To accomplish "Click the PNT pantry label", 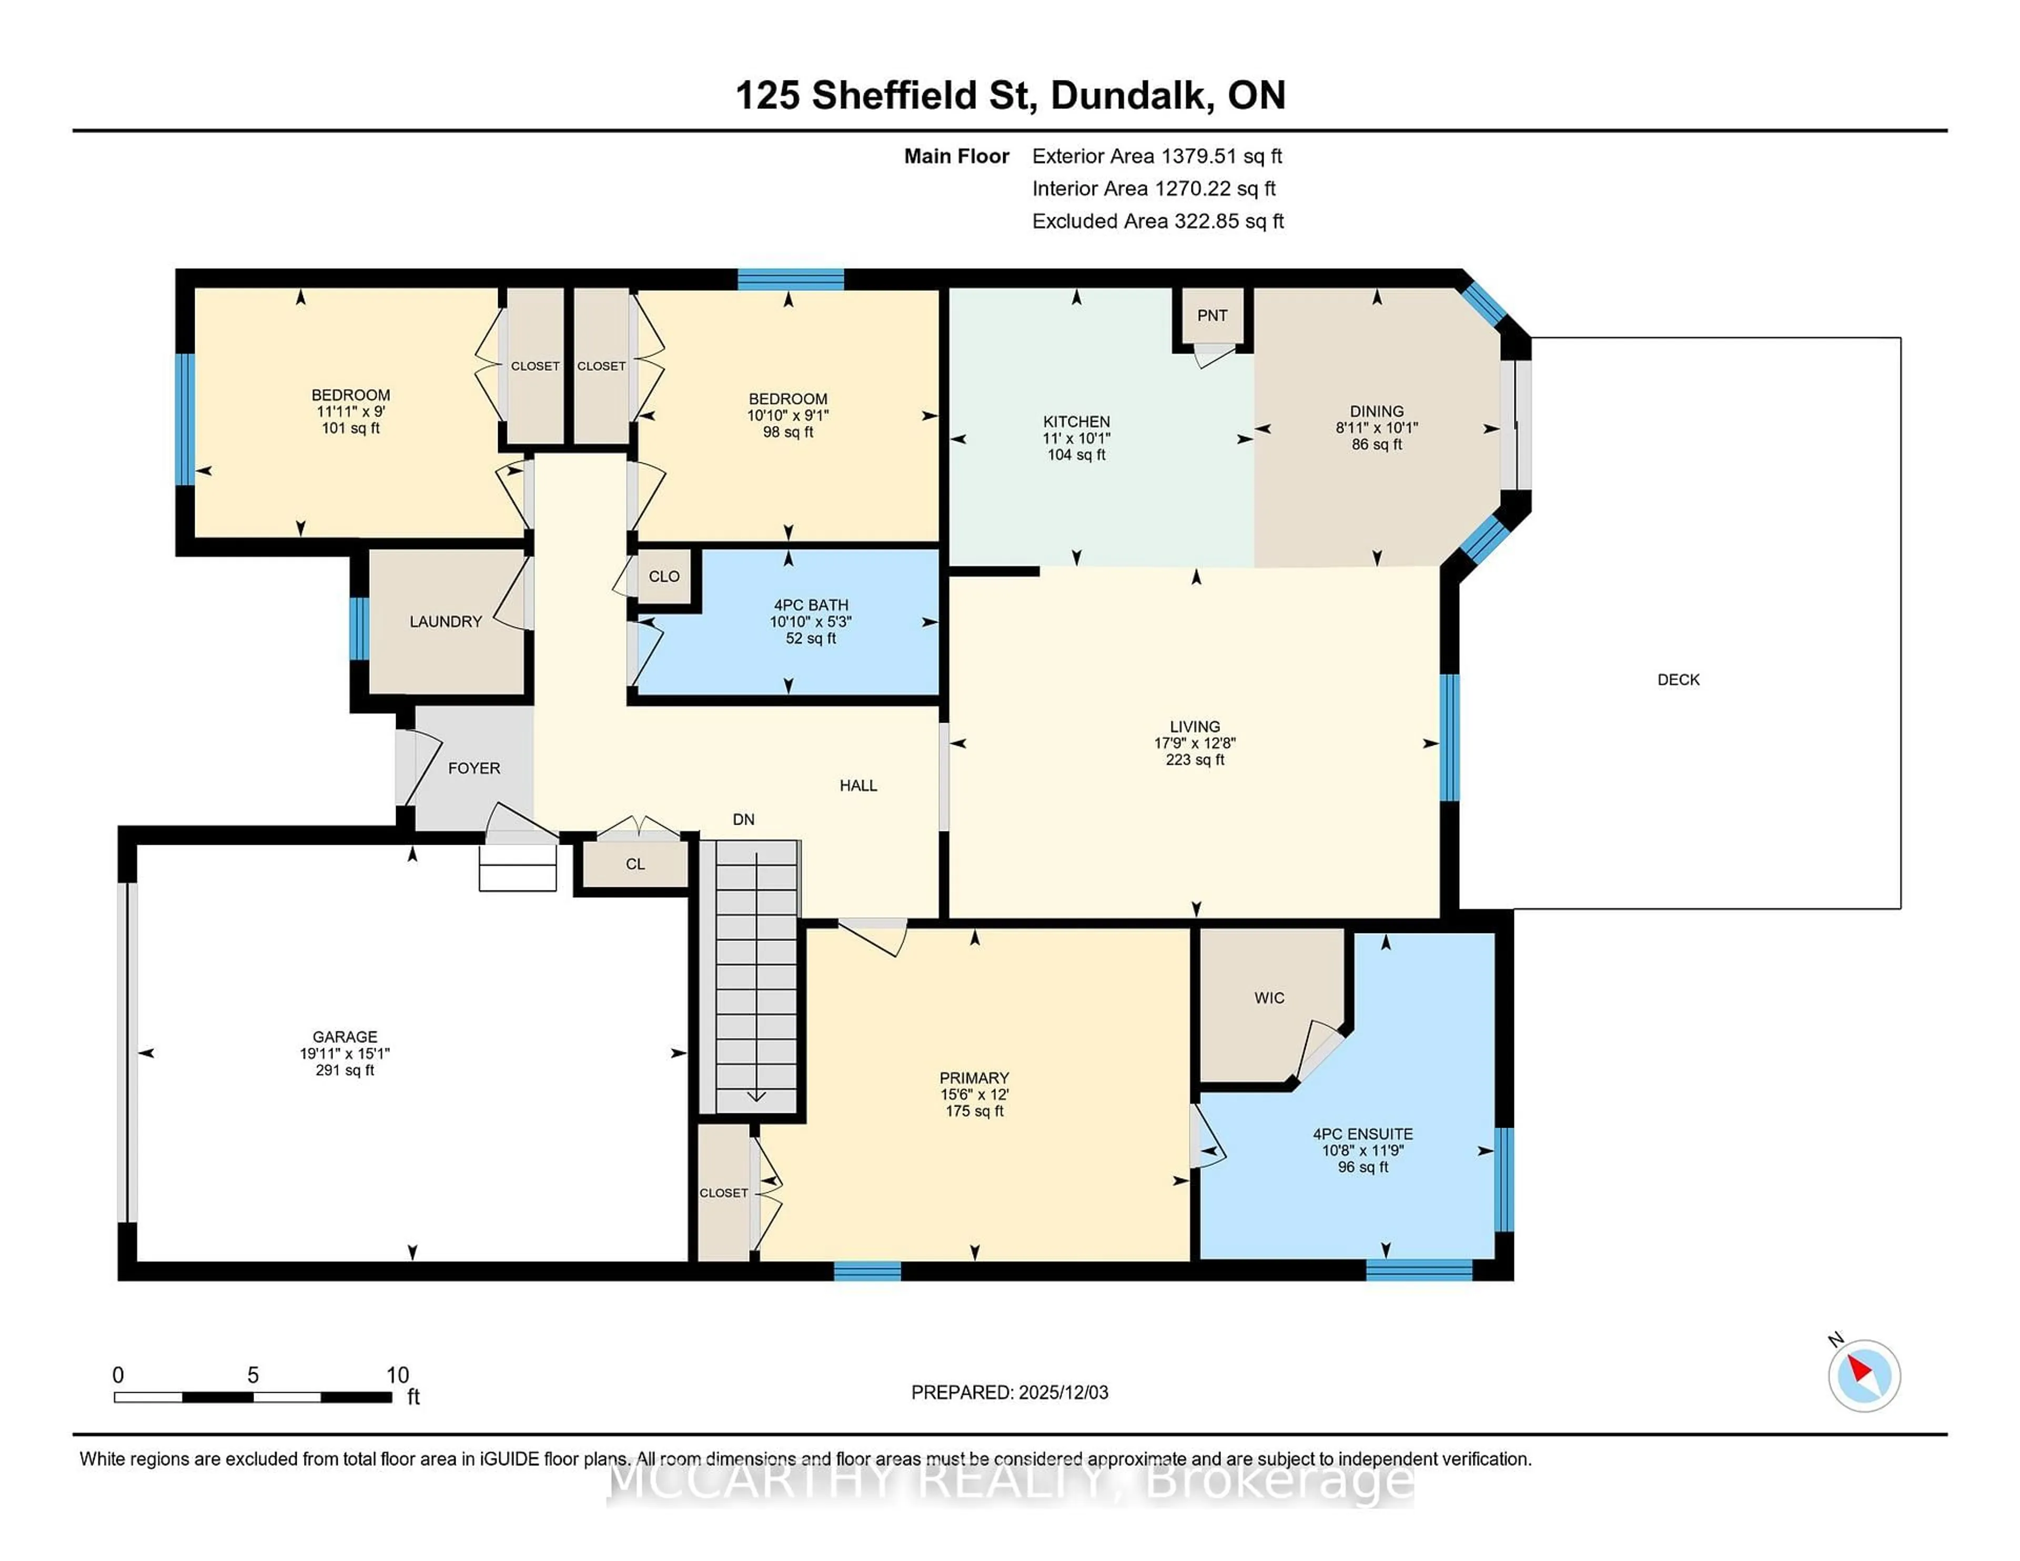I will point(1211,316).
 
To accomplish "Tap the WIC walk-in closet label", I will point(1269,998).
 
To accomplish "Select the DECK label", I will point(1678,680).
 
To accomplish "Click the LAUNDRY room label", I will point(446,622).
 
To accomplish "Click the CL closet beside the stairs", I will point(634,864).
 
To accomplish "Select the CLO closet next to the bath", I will point(663,576).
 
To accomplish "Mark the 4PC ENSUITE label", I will point(1362,1134).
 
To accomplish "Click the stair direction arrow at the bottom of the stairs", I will point(756,1096).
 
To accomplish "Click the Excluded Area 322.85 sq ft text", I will point(1157,221).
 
